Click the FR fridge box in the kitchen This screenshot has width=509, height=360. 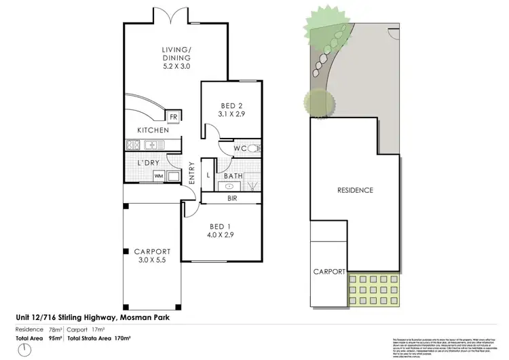click(x=174, y=118)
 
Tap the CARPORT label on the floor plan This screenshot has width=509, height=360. click(x=152, y=251)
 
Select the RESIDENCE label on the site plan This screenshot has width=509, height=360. click(x=355, y=190)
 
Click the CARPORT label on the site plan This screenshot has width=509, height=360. click(x=329, y=271)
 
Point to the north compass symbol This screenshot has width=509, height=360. click(x=26, y=349)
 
